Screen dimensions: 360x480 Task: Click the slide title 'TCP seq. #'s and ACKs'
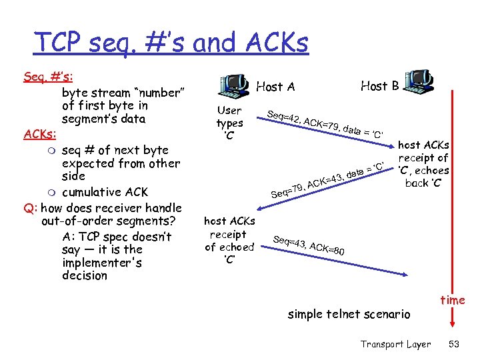tap(171, 43)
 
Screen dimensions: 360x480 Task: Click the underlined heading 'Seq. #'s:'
tap(47, 77)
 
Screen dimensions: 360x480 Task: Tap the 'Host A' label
tap(275, 87)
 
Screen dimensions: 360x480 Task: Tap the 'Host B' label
tap(379, 85)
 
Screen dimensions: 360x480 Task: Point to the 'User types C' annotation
tap(229, 123)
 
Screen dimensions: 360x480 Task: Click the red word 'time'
tap(452, 300)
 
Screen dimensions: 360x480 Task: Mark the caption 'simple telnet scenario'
tap(349, 314)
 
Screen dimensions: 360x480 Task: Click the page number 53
tap(453, 344)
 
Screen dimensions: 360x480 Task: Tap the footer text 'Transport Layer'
tap(395, 344)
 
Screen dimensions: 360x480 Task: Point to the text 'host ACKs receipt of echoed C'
tap(229, 240)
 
